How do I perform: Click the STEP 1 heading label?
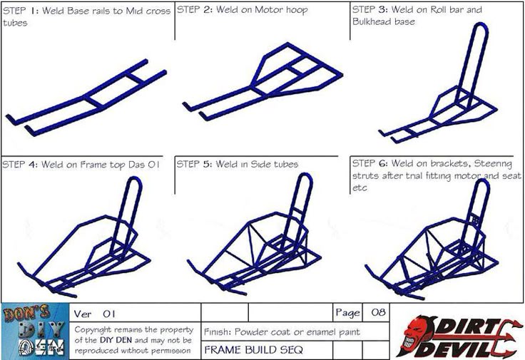(21, 11)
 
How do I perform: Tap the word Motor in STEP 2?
(267, 10)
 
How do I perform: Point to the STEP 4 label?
(21, 165)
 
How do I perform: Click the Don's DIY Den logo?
(35, 331)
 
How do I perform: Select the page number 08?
(378, 312)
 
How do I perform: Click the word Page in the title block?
(347, 313)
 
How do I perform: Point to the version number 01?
(109, 314)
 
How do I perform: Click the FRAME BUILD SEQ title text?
(253, 350)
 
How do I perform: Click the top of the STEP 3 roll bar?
(481, 25)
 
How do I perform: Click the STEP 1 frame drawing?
(86, 98)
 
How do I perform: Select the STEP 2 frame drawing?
(262, 81)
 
